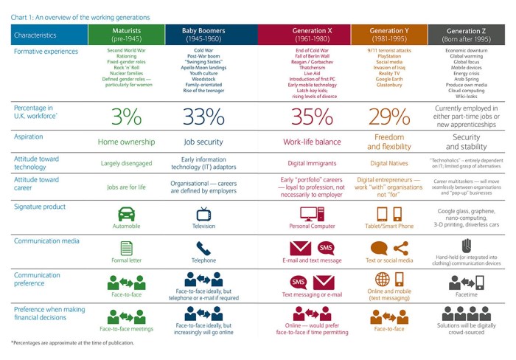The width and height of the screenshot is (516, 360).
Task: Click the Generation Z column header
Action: click(466, 34)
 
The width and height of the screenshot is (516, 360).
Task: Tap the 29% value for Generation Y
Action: click(391, 117)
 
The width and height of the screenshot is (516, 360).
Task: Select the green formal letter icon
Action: click(126, 249)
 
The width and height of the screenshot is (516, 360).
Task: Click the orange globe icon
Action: click(382, 280)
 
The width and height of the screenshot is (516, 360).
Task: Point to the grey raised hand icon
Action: click(466, 246)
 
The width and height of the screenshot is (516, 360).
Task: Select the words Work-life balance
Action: click(312, 142)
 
